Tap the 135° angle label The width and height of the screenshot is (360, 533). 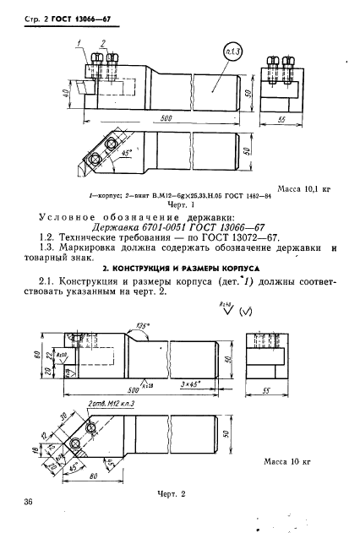[x=143, y=324]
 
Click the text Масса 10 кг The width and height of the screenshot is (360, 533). [x=293, y=464]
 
